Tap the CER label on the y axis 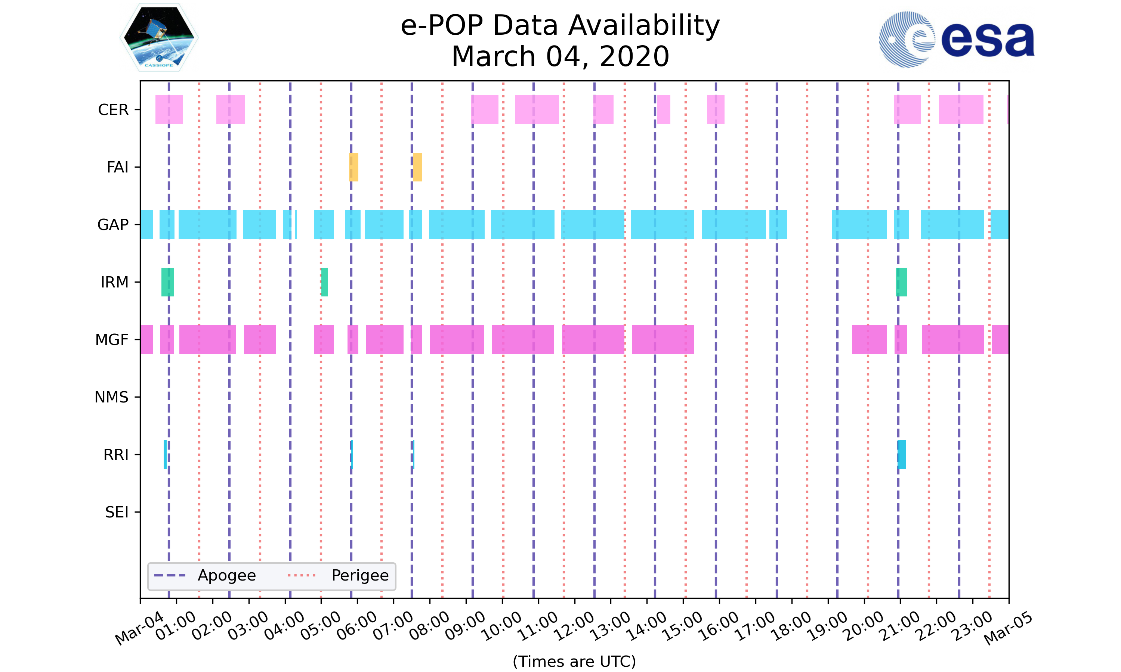[x=113, y=110]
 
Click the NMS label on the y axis [x=111, y=397]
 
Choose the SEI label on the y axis [x=117, y=512]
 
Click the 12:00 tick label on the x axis [x=575, y=626]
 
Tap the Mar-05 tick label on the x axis [x=1008, y=629]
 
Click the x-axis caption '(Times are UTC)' [x=574, y=662]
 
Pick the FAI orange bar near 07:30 [x=417, y=167]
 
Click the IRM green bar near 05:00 [x=324, y=282]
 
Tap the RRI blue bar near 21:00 [x=902, y=454]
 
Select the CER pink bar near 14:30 [x=663, y=110]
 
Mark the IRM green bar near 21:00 [x=901, y=282]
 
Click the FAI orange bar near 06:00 [x=353, y=167]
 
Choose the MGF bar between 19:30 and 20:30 [x=869, y=340]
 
